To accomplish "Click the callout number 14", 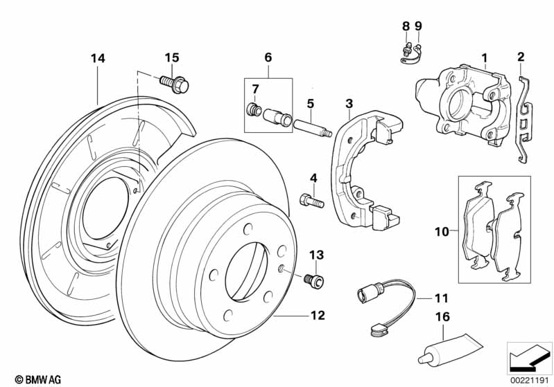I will pyautogui.click(x=98, y=60).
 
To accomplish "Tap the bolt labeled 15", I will pyautogui.click(x=176, y=86).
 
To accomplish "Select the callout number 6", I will pyautogui.click(x=268, y=57).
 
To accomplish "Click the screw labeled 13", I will pyautogui.click(x=315, y=280).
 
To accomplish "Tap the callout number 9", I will pyautogui.click(x=418, y=26).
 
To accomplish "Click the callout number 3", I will pyautogui.click(x=349, y=104).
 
